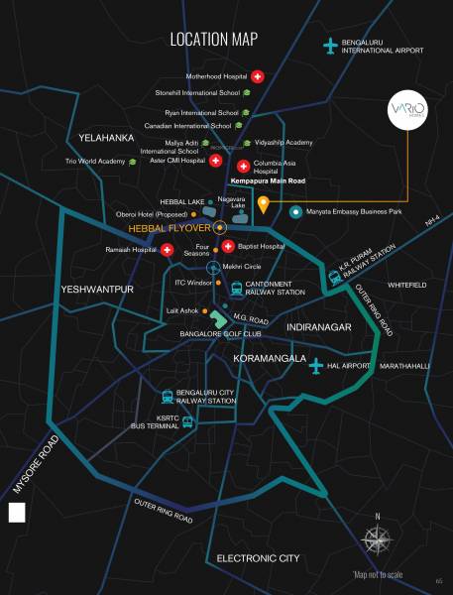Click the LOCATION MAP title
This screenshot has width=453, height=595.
click(x=213, y=40)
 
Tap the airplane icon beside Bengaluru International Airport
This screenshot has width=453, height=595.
click(x=330, y=46)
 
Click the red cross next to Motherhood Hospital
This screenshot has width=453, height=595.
click(x=258, y=75)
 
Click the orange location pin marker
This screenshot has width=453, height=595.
click(x=264, y=204)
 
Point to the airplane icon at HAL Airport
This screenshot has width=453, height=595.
click(x=316, y=365)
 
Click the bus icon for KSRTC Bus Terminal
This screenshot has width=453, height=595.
click(x=187, y=421)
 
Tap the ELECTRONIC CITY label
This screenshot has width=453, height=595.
click(x=258, y=558)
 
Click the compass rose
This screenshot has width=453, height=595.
click(x=377, y=541)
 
